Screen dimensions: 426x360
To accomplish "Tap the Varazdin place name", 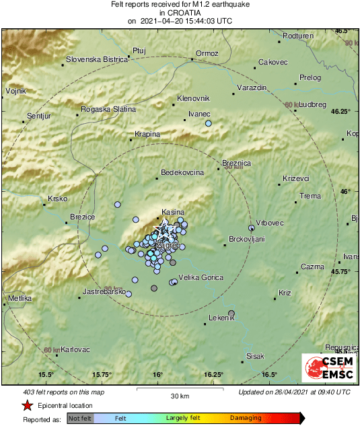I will (x=254, y=88).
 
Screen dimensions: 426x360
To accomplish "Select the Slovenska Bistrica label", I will (x=97, y=59).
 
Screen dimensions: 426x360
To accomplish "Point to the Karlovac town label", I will (x=75, y=350).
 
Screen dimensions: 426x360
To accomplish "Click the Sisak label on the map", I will (x=256, y=356).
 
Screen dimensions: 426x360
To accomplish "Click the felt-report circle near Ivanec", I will (x=209, y=124).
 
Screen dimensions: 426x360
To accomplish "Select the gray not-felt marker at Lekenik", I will (x=231, y=313).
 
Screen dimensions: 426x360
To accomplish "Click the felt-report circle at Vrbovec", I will (x=252, y=227).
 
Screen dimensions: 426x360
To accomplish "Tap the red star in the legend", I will (x=27, y=406).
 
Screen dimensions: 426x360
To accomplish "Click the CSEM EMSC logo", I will (x=330, y=368).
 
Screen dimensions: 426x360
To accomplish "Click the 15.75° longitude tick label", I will (x=102, y=375).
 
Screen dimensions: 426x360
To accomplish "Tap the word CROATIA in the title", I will (x=180, y=12).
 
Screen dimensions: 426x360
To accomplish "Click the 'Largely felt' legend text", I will (x=184, y=418).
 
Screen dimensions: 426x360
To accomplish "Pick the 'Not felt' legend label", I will (x=81, y=418).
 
